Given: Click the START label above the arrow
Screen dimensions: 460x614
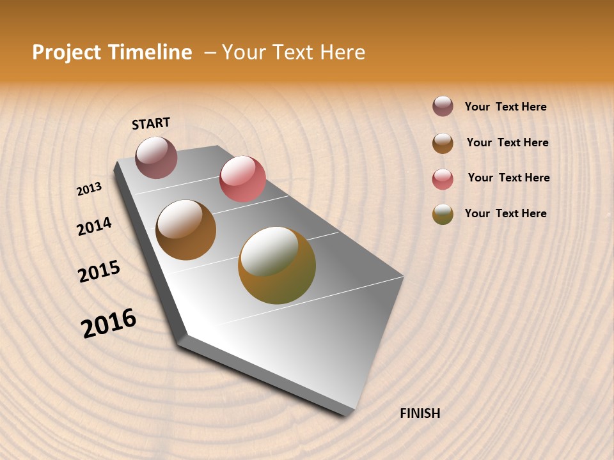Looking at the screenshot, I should tap(151, 123).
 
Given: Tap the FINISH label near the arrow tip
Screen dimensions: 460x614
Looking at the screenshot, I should tap(420, 413).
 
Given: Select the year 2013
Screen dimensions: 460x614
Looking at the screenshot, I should tap(90, 189).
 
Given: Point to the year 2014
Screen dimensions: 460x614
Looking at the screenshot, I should tap(94, 226).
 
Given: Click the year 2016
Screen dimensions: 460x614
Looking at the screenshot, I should tap(109, 323).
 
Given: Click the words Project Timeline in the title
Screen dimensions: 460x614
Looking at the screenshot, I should tap(112, 52).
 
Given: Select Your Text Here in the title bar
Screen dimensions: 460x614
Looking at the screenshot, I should tap(294, 52).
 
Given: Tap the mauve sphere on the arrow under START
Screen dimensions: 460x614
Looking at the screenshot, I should tap(156, 157).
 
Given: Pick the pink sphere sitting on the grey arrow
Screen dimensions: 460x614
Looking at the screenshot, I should tap(242, 178).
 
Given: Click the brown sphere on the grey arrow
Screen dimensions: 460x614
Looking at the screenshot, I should tap(185, 230).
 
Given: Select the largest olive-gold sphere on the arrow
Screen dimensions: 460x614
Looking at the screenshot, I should tap(277, 265).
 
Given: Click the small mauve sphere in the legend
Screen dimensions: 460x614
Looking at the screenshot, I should tap(443, 107).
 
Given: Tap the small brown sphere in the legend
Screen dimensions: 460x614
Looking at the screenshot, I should tap(443, 143).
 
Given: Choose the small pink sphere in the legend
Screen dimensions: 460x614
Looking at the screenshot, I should tap(443, 179).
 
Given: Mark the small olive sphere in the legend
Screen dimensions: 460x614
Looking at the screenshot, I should tap(443, 214).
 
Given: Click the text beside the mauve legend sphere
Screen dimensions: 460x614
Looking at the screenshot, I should tap(505, 107).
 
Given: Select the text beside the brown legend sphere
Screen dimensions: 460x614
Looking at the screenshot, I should tap(507, 142).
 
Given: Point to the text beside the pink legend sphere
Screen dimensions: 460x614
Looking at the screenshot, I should tap(508, 178).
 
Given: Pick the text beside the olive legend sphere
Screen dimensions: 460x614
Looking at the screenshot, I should tap(505, 213).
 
